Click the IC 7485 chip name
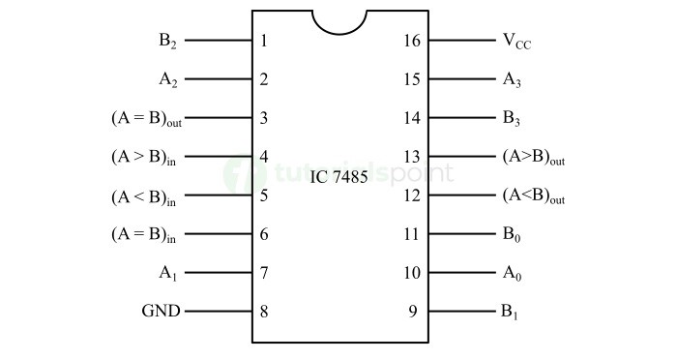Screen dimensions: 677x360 (x=338, y=179)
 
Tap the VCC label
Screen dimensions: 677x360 (x=516, y=42)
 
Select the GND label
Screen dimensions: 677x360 (x=162, y=312)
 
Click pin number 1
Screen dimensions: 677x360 (x=264, y=42)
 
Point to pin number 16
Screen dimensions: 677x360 (x=412, y=42)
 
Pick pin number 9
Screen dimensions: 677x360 (x=413, y=312)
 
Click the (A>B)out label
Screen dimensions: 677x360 (x=534, y=157)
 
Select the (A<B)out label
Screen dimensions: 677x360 (x=534, y=195)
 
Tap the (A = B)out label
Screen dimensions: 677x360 (x=147, y=119)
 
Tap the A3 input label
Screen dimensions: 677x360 (x=513, y=80)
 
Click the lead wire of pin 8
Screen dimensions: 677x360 (x=218, y=312)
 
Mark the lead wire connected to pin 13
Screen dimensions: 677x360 (x=460, y=157)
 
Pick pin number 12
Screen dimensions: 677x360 (x=412, y=195)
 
